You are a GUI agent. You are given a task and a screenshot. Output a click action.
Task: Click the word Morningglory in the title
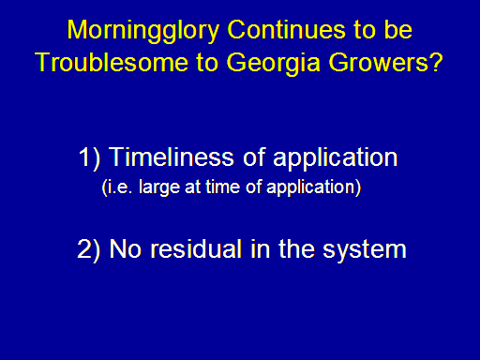(142, 31)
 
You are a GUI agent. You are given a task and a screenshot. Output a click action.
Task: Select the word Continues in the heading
(286, 30)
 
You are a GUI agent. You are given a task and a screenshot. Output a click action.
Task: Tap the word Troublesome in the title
(112, 62)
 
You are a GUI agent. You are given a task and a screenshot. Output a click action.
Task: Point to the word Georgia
(273, 64)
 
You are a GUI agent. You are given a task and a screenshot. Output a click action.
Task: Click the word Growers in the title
(378, 62)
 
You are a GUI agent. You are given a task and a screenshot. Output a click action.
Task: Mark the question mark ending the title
(435, 62)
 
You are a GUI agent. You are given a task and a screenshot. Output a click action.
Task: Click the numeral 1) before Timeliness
(89, 157)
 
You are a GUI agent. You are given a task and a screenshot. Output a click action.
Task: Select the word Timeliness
(172, 157)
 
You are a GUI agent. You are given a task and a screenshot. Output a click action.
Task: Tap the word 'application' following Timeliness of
(336, 158)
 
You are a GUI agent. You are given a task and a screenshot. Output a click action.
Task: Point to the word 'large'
(159, 187)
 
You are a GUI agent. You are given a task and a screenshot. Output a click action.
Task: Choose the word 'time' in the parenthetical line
(223, 187)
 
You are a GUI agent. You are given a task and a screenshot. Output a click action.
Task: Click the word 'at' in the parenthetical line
(193, 187)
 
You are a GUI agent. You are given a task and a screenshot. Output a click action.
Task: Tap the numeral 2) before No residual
(89, 249)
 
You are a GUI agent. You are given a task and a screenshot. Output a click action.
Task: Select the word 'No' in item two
(126, 249)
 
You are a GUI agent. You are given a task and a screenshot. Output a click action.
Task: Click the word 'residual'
(196, 248)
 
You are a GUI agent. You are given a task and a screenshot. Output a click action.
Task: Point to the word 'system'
(365, 251)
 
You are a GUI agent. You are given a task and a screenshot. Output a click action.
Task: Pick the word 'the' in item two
(296, 248)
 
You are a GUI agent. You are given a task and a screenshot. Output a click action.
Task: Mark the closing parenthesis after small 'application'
(358, 187)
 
